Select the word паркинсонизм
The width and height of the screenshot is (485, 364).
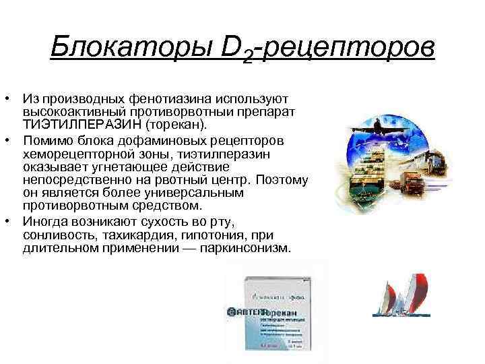coord(246,247)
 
